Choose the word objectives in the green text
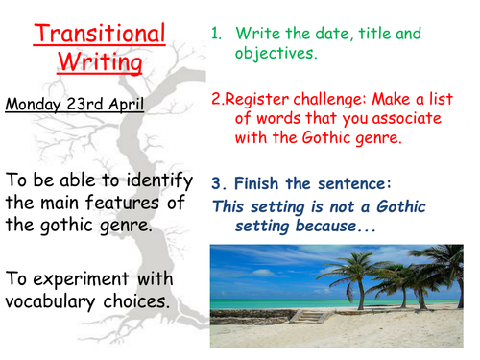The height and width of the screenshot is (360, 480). click(275, 53)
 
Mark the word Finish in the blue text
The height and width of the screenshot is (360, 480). click(256, 183)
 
